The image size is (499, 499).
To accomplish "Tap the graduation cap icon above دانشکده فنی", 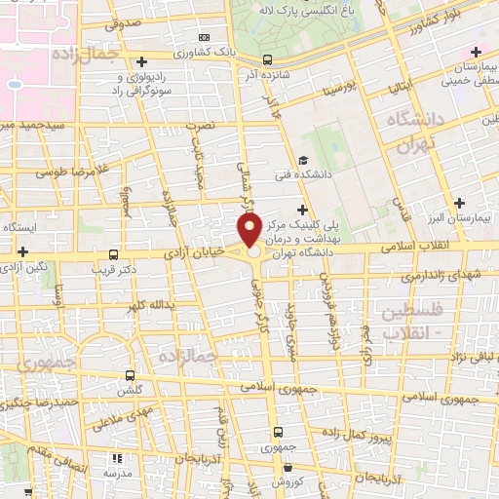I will pos(304,161).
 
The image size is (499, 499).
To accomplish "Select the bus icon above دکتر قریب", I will pos(115,252).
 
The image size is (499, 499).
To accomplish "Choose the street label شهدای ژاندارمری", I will pos(446,278).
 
